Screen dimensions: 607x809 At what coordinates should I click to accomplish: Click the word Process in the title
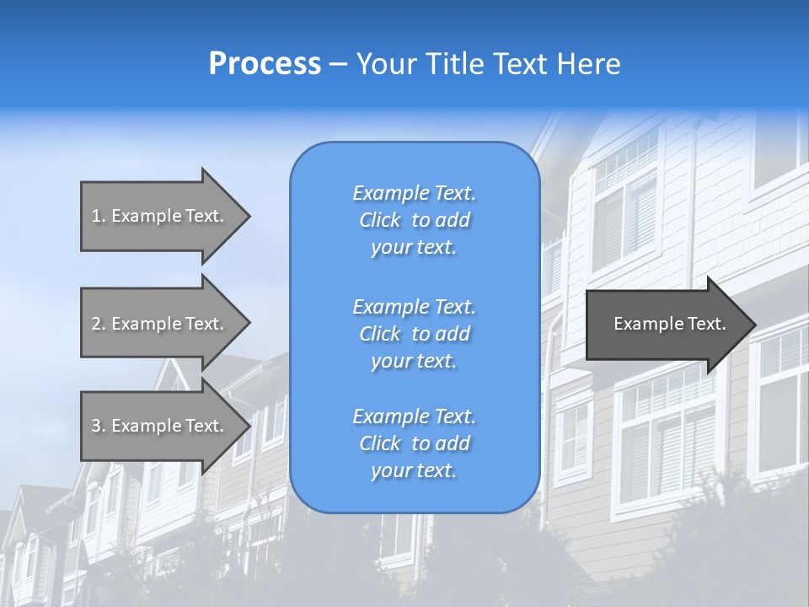tap(265, 63)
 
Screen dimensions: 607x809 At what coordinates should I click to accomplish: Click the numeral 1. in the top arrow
tap(98, 216)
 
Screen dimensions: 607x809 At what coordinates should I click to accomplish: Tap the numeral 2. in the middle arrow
tap(98, 324)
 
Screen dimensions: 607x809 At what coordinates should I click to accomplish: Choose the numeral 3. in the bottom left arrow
tap(98, 426)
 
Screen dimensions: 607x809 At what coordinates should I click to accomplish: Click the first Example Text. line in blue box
tap(414, 193)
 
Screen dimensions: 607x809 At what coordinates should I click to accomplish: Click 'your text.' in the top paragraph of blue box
tap(414, 247)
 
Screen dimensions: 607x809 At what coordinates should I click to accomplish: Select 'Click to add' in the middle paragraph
tap(414, 334)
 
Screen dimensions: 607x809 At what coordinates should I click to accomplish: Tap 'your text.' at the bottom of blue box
tap(414, 470)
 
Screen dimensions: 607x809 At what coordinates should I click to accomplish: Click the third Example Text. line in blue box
tap(414, 416)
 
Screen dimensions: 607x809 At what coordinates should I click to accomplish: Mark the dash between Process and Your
tap(338, 64)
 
